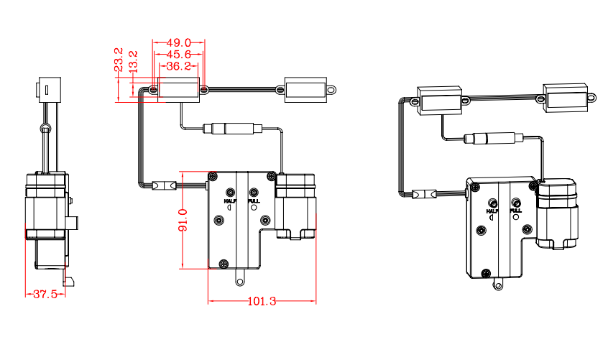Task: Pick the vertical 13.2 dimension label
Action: (132, 62)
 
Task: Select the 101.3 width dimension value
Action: (262, 302)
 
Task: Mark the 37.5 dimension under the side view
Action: (45, 294)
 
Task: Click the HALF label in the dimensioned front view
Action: (230, 201)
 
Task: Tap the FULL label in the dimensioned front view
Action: (253, 201)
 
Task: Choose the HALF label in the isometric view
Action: (492, 211)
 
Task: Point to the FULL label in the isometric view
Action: (515, 211)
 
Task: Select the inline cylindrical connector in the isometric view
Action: (492, 139)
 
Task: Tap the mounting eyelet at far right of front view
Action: (332, 90)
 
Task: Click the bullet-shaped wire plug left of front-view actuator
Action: (165, 186)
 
